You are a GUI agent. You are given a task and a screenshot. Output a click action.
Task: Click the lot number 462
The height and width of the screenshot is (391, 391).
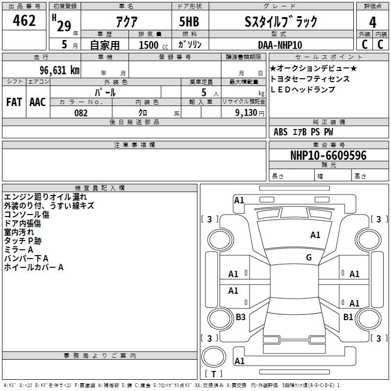pyautogui.click(x=24, y=21)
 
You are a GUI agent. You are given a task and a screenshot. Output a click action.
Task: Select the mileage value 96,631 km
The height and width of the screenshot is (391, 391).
pyautogui.click(x=60, y=70)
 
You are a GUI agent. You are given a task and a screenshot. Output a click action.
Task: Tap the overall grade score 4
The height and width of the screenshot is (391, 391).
pyautogui.click(x=372, y=22)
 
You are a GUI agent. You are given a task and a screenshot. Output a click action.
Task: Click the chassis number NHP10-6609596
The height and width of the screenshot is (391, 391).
pyautogui.click(x=328, y=155)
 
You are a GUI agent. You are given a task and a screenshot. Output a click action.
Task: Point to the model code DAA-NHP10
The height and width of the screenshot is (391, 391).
pyautogui.click(x=280, y=45)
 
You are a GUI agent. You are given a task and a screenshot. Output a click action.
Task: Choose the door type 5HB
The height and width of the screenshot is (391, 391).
pyautogui.click(x=189, y=22)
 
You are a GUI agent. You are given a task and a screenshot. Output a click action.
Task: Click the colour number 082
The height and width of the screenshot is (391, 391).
pyautogui.click(x=81, y=113)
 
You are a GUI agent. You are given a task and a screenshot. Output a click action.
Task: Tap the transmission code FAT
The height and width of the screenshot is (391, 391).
pyautogui.click(x=14, y=102)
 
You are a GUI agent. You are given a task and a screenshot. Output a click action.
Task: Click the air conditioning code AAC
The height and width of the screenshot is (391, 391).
pyautogui.click(x=38, y=102)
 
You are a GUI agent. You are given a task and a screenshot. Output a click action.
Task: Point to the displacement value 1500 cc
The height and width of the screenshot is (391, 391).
pyautogui.click(x=153, y=45)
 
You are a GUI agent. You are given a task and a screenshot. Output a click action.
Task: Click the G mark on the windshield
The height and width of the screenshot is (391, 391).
pyautogui.click(x=309, y=258)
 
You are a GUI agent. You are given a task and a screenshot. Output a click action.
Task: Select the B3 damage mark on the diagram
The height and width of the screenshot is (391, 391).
pyautogui.click(x=240, y=317)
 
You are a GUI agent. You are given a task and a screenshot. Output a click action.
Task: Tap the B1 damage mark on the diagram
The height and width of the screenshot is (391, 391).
pyautogui.click(x=348, y=317)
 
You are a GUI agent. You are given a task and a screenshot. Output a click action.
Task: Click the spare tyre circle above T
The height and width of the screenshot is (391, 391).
pyautogui.click(x=214, y=357)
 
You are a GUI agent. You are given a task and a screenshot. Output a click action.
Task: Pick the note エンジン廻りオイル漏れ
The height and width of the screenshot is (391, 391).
pyautogui.click(x=45, y=197)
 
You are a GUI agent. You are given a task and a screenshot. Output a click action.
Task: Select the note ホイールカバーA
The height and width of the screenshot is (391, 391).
pyautogui.click(x=34, y=267)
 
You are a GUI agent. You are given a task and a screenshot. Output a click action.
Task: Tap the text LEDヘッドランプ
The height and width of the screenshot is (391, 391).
pyautogui.click(x=303, y=89)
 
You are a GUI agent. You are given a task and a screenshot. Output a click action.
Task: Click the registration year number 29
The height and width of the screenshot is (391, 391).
pyautogui.click(x=64, y=26)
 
